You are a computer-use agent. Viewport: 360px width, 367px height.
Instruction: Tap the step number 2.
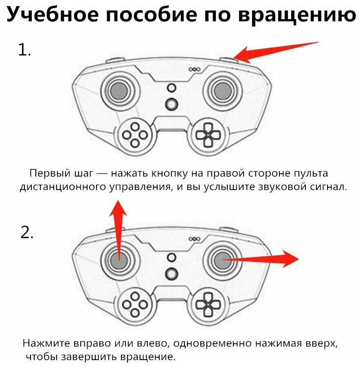(x=27, y=232)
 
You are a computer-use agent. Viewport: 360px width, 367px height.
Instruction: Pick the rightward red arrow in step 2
(x=261, y=259)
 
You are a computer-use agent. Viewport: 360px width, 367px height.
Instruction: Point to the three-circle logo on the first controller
(x=194, y=69)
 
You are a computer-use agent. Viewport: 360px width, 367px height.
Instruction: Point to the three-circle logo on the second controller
(x=194, y=239)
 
